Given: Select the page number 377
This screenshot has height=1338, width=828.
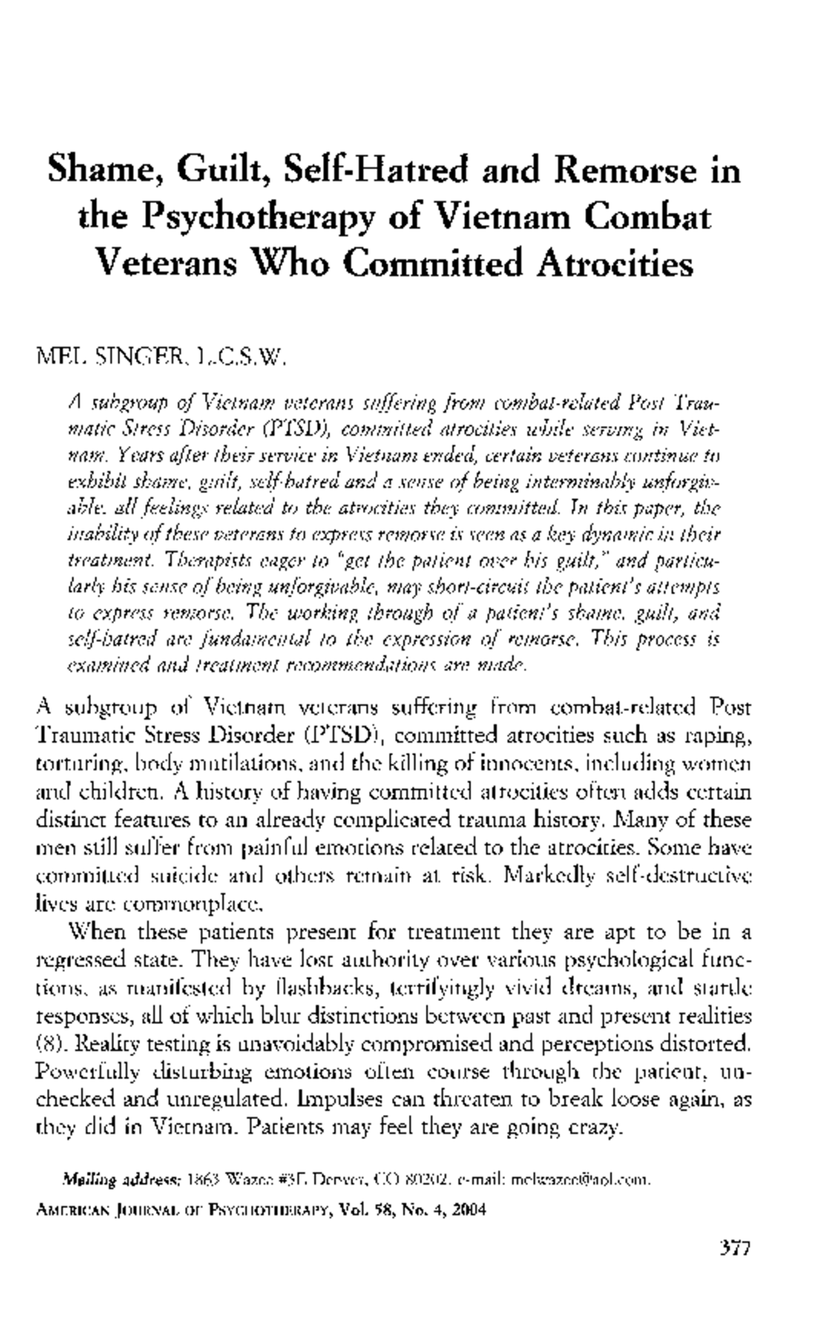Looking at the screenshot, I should click(734, 1248).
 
